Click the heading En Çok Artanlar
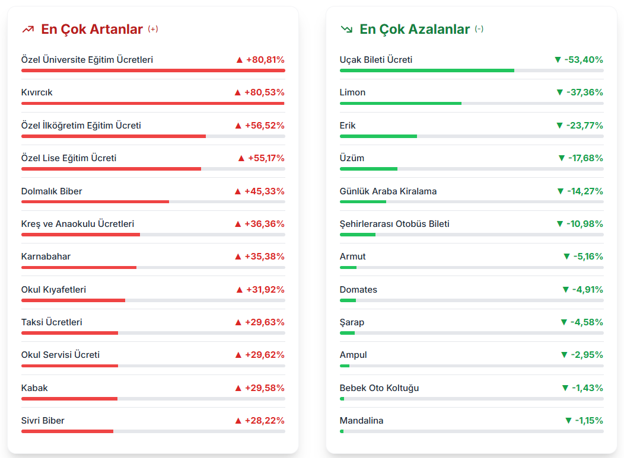pyautogui.click(x=92, y=29)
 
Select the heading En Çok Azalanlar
pyautogui.click(x=415, y=29)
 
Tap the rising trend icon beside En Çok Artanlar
pyautogui.click(x=28, y=29)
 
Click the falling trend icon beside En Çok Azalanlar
pyautogui.click(x=346, y=29)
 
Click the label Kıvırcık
pyautogui.click(x=37, y=92)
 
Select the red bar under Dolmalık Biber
pyautogui.click(x=95, y=201)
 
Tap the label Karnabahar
pyautogui.click(x=46, y=257)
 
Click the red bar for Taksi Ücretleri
pyautogui.click(x=69, y=333)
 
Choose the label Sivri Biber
pyautogui.click(x=43, y=421)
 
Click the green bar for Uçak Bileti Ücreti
pyautogui.click(x=426, y=71)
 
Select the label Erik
pyautogui.click(x=348, y=126)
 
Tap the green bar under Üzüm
pyautogui.click(x=368, y=169)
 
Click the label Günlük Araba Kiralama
pyautogui.click(x=388, y=191)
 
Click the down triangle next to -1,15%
pyautogui.click(x=569, y=421)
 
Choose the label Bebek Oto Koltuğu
pyautogui.click(x=379, y=388)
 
